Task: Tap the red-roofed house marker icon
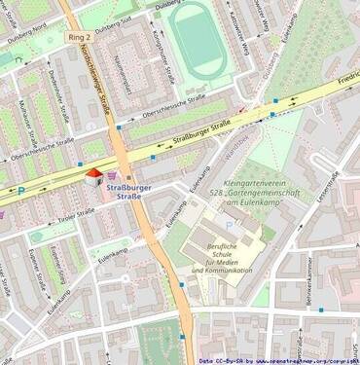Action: pos(93,176)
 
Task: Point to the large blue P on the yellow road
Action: pos(21,190)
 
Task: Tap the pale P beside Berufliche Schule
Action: pos(230,225)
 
